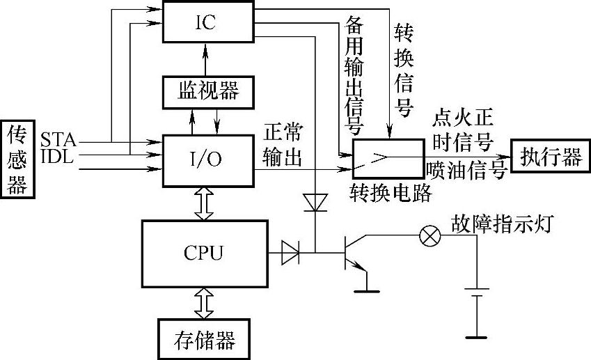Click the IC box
point(206,21)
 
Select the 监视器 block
point(206,91)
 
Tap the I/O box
point(206,159)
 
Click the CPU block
point(205,251)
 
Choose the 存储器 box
point(205,339)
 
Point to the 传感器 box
point(17,159)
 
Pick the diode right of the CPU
point(290,251)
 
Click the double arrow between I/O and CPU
point(205,204)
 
